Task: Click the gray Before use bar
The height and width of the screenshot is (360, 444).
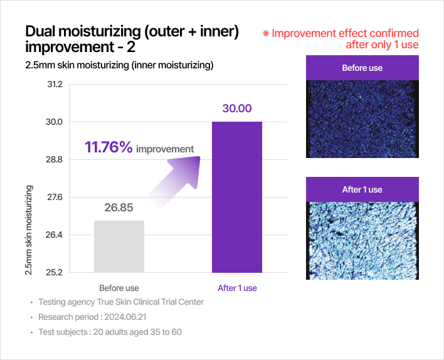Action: point(119,246)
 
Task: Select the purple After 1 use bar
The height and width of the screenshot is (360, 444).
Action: point(237,197)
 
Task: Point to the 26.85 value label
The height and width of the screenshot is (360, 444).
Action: point(119,208)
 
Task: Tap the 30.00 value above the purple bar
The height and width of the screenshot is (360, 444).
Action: point(237,109)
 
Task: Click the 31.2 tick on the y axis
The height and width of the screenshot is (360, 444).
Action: point(55,85)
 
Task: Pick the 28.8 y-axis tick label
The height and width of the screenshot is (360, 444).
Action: point(54,159)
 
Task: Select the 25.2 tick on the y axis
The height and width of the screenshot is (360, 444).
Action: point(54,272)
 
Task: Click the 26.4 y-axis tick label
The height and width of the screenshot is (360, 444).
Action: point(54,235)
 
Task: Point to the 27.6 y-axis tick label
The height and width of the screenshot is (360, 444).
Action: point(55,197)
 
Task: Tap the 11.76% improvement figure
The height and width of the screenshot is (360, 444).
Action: point(108,147)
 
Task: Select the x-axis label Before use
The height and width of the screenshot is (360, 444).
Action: point(119,288)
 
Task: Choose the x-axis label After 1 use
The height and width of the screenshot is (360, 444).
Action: point(237,288)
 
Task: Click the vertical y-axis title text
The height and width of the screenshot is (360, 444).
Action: point(29,230)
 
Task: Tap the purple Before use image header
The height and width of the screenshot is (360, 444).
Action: point(362,68)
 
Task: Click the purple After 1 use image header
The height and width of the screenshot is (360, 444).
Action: point(362,189)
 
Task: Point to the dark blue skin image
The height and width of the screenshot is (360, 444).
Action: point(362,119)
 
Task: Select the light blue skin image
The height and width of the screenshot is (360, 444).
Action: point(362,241)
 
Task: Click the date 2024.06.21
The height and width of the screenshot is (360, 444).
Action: point(125,317)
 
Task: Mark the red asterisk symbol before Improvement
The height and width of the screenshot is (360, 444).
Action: point(266,34)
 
